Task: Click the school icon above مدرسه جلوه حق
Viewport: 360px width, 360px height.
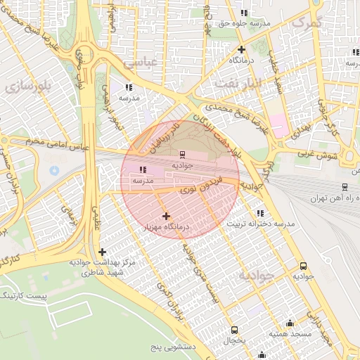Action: click(x=243, y=13)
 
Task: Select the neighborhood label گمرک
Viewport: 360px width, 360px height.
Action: click(x=305, y=22)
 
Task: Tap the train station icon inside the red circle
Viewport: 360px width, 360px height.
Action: click(x=182, y=154)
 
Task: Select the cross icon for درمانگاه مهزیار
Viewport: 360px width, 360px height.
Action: click(x=166, y=216)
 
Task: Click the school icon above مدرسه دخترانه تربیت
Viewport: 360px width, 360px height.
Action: click(x=260, y=213)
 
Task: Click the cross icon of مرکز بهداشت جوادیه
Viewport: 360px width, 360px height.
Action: click(x=103, y=252)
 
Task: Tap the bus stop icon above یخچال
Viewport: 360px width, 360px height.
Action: click(x=234, y=330)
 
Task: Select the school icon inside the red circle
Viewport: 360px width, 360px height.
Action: click(x=143, y=169)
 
